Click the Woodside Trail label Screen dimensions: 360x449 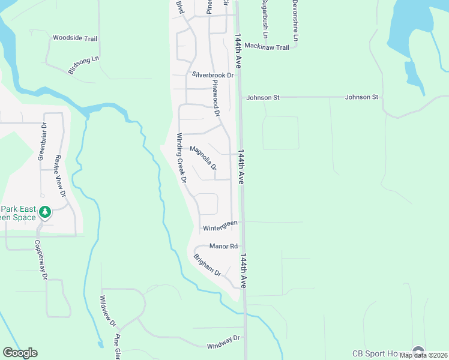75,38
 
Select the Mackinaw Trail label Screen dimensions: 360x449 267,47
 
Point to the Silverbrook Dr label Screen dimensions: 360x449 212,75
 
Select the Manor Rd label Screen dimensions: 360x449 223,246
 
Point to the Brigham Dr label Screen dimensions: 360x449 208,265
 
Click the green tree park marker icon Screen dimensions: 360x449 44,212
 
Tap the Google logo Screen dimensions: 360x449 20,353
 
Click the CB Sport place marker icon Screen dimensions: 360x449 418,352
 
